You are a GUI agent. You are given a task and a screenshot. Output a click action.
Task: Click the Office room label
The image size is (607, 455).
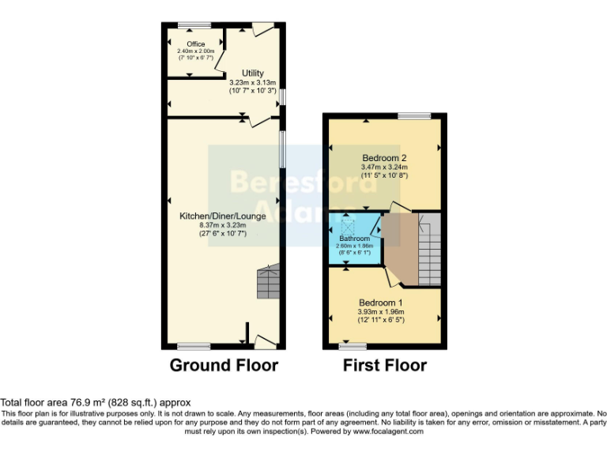coord(195,44)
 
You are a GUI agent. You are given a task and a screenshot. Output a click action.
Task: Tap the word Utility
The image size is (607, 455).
coord(252,73)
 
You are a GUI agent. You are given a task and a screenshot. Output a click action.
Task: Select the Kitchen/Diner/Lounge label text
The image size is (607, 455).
coord(222,216)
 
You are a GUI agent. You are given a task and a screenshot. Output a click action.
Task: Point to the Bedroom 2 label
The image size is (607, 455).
coord(383,157)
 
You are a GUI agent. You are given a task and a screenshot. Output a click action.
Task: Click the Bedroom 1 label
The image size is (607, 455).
coord(381,303)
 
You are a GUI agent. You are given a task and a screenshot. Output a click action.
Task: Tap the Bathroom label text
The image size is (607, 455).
coord(355,238)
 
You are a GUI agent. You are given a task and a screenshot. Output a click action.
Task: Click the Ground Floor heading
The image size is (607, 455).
coord(224,366)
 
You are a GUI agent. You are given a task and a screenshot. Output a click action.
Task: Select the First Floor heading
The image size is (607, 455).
coord(384,366)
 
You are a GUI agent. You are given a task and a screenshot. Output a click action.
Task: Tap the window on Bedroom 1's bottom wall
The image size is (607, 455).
coord(353,346)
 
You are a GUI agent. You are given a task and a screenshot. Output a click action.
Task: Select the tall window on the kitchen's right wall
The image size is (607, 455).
coord(281,148)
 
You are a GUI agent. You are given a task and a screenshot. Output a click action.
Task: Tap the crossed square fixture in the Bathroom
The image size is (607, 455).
coord(349,227)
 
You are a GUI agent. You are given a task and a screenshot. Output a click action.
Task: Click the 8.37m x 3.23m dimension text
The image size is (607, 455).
coord(221,224)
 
